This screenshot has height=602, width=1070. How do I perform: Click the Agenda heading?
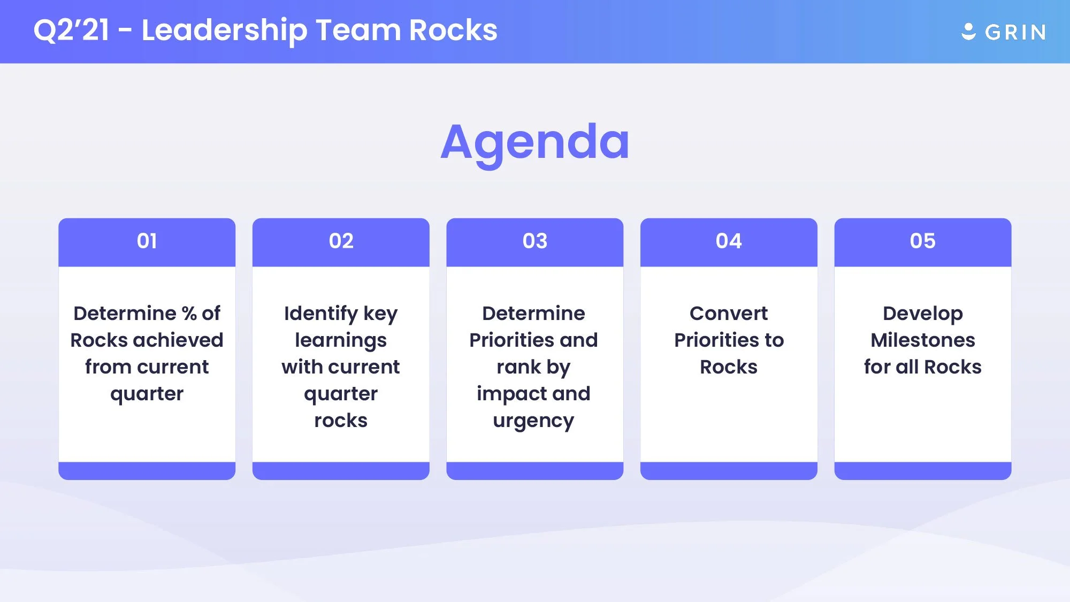click(x=535, y=142)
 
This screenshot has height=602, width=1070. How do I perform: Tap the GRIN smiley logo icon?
click(x=968, y=32)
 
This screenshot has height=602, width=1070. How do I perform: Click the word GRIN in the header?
click(x=1015, y=33)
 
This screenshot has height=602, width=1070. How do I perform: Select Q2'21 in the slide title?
click(x=71, y=30)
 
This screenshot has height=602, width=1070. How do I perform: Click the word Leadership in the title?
click(x=224, y=31)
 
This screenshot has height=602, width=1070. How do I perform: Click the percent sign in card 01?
click(x=189, y=314)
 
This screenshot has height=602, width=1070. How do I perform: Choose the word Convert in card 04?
click(x=729, y=314)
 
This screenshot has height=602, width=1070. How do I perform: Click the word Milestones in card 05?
click(x=922, y=340)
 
